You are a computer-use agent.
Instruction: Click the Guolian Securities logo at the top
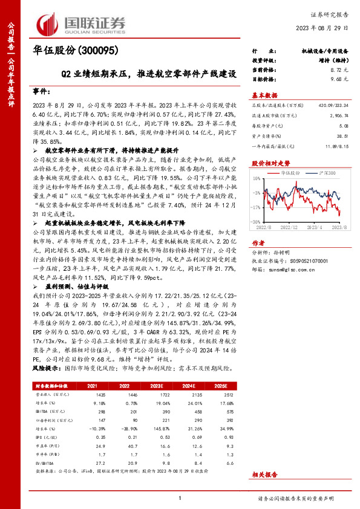coord(81,23)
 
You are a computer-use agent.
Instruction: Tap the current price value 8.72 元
coord(340,71)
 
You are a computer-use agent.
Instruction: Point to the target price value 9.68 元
coord(340,79)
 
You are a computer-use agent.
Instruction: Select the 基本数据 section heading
coord(264,96)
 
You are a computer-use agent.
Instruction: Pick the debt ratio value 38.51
coord(342,137)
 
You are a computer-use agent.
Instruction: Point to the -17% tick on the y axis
coord(256,207)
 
